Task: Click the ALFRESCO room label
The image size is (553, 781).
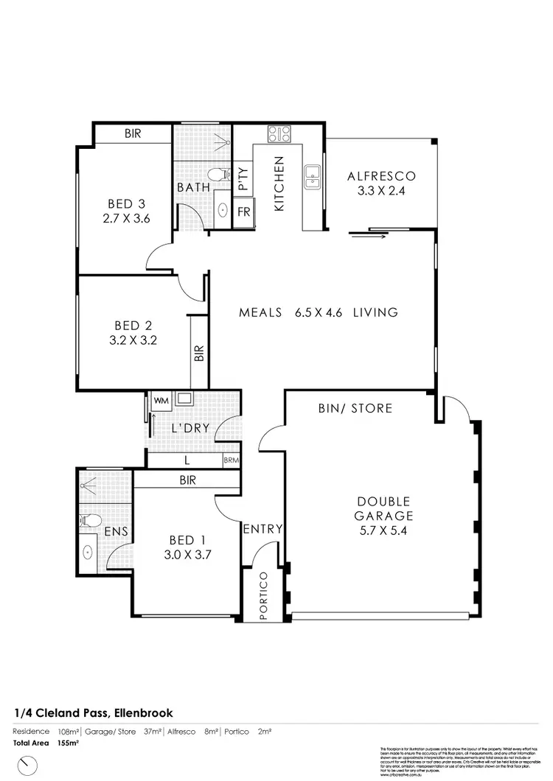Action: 381,176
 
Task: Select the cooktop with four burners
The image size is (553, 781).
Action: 279,133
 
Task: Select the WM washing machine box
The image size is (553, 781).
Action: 160,402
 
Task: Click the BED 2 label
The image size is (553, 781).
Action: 133,325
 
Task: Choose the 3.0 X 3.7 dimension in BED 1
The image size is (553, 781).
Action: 188,556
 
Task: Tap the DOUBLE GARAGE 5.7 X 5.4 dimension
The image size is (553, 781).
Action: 380,530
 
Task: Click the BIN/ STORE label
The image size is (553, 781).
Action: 355,407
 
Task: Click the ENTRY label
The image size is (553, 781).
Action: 262,528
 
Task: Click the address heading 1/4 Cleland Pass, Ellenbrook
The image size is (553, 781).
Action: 93,713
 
